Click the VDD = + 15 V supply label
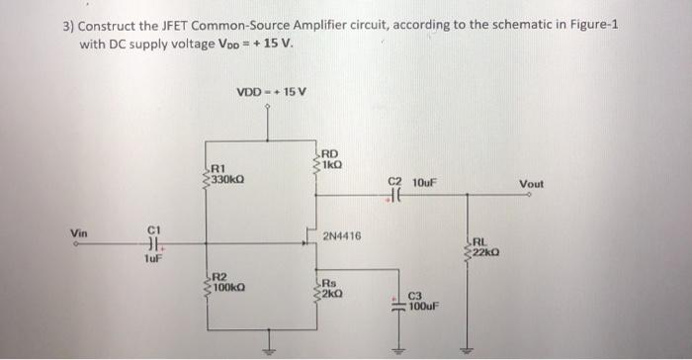pyautogui.click(x=272, y=92)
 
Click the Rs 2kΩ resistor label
pyautogui.click(x=331, y=288)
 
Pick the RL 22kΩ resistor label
pyautogui.click(x=482, y=246)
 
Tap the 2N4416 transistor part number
pyautogui.click(x=342, y=236)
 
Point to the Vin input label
pyautogui.click(x=79, y=233)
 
